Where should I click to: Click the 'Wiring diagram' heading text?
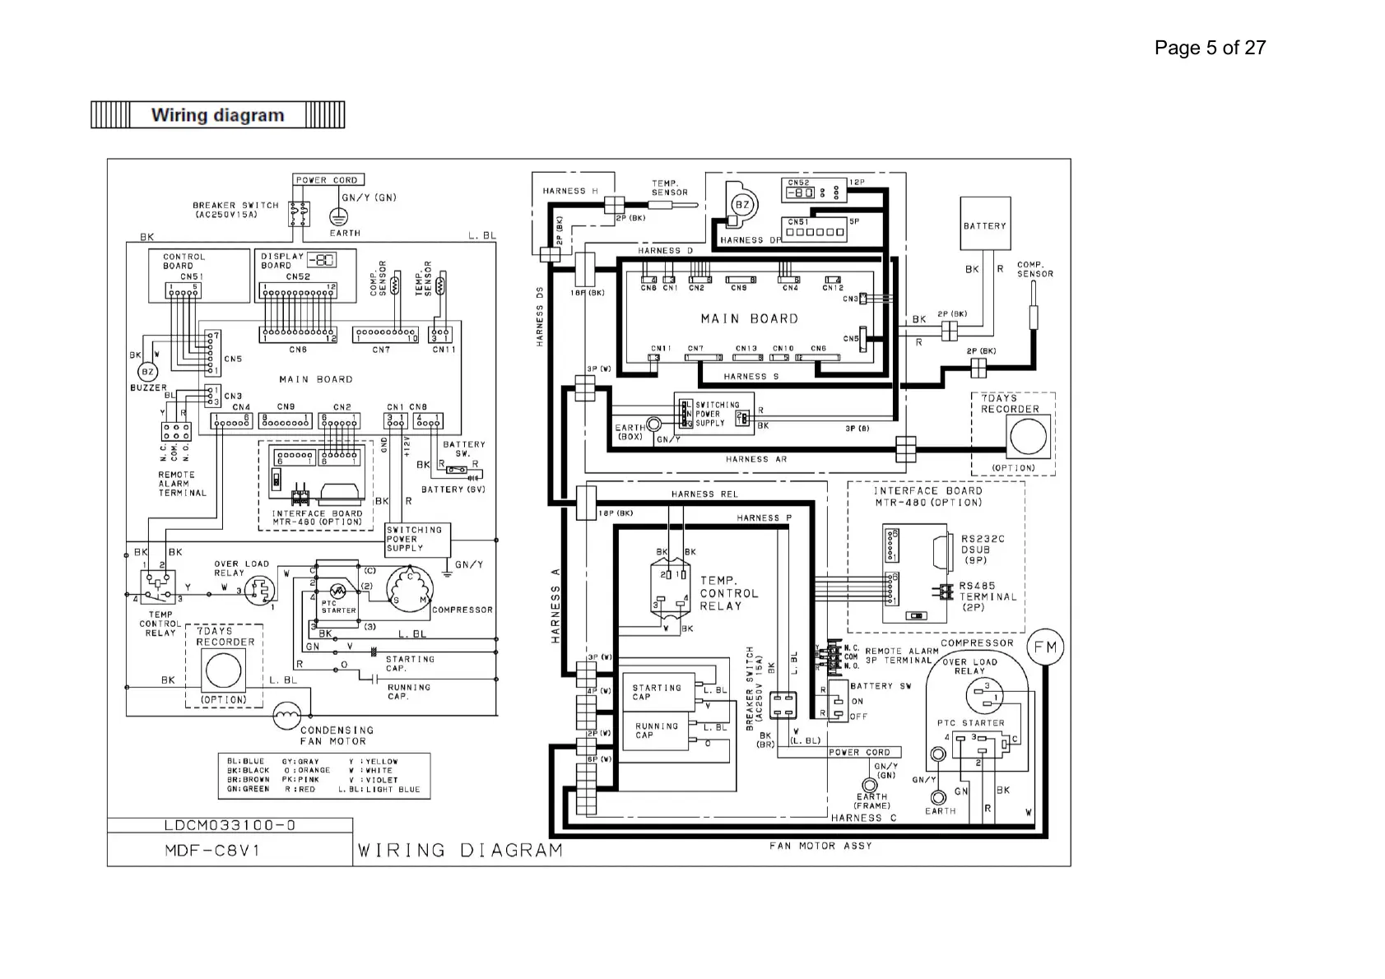(x=217, y=115)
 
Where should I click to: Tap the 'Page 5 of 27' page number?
(x=1209, y=48)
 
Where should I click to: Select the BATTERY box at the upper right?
(x=985, y=224)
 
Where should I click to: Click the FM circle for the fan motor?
(x=1045, y=647)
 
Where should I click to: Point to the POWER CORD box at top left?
(x=328, y=180)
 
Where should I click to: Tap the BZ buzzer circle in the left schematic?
(x=148, y=372)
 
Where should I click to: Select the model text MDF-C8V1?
(x=212, y=851)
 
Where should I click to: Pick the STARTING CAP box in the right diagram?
(x=657, y=693)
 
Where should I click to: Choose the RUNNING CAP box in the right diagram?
(x=657, y=731)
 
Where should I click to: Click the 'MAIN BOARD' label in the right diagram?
(x=749, y=319)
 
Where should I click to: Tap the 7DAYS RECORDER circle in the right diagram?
(x=1028, y=436)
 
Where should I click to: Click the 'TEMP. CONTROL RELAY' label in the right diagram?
(x=728, y=593)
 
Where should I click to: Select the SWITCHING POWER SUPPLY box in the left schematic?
(x=414, y=540)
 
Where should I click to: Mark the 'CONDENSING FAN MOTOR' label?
(x=336, y=735)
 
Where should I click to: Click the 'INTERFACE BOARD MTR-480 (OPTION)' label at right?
(x=927, y=496)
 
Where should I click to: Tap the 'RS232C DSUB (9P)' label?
(x=982, y=550)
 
